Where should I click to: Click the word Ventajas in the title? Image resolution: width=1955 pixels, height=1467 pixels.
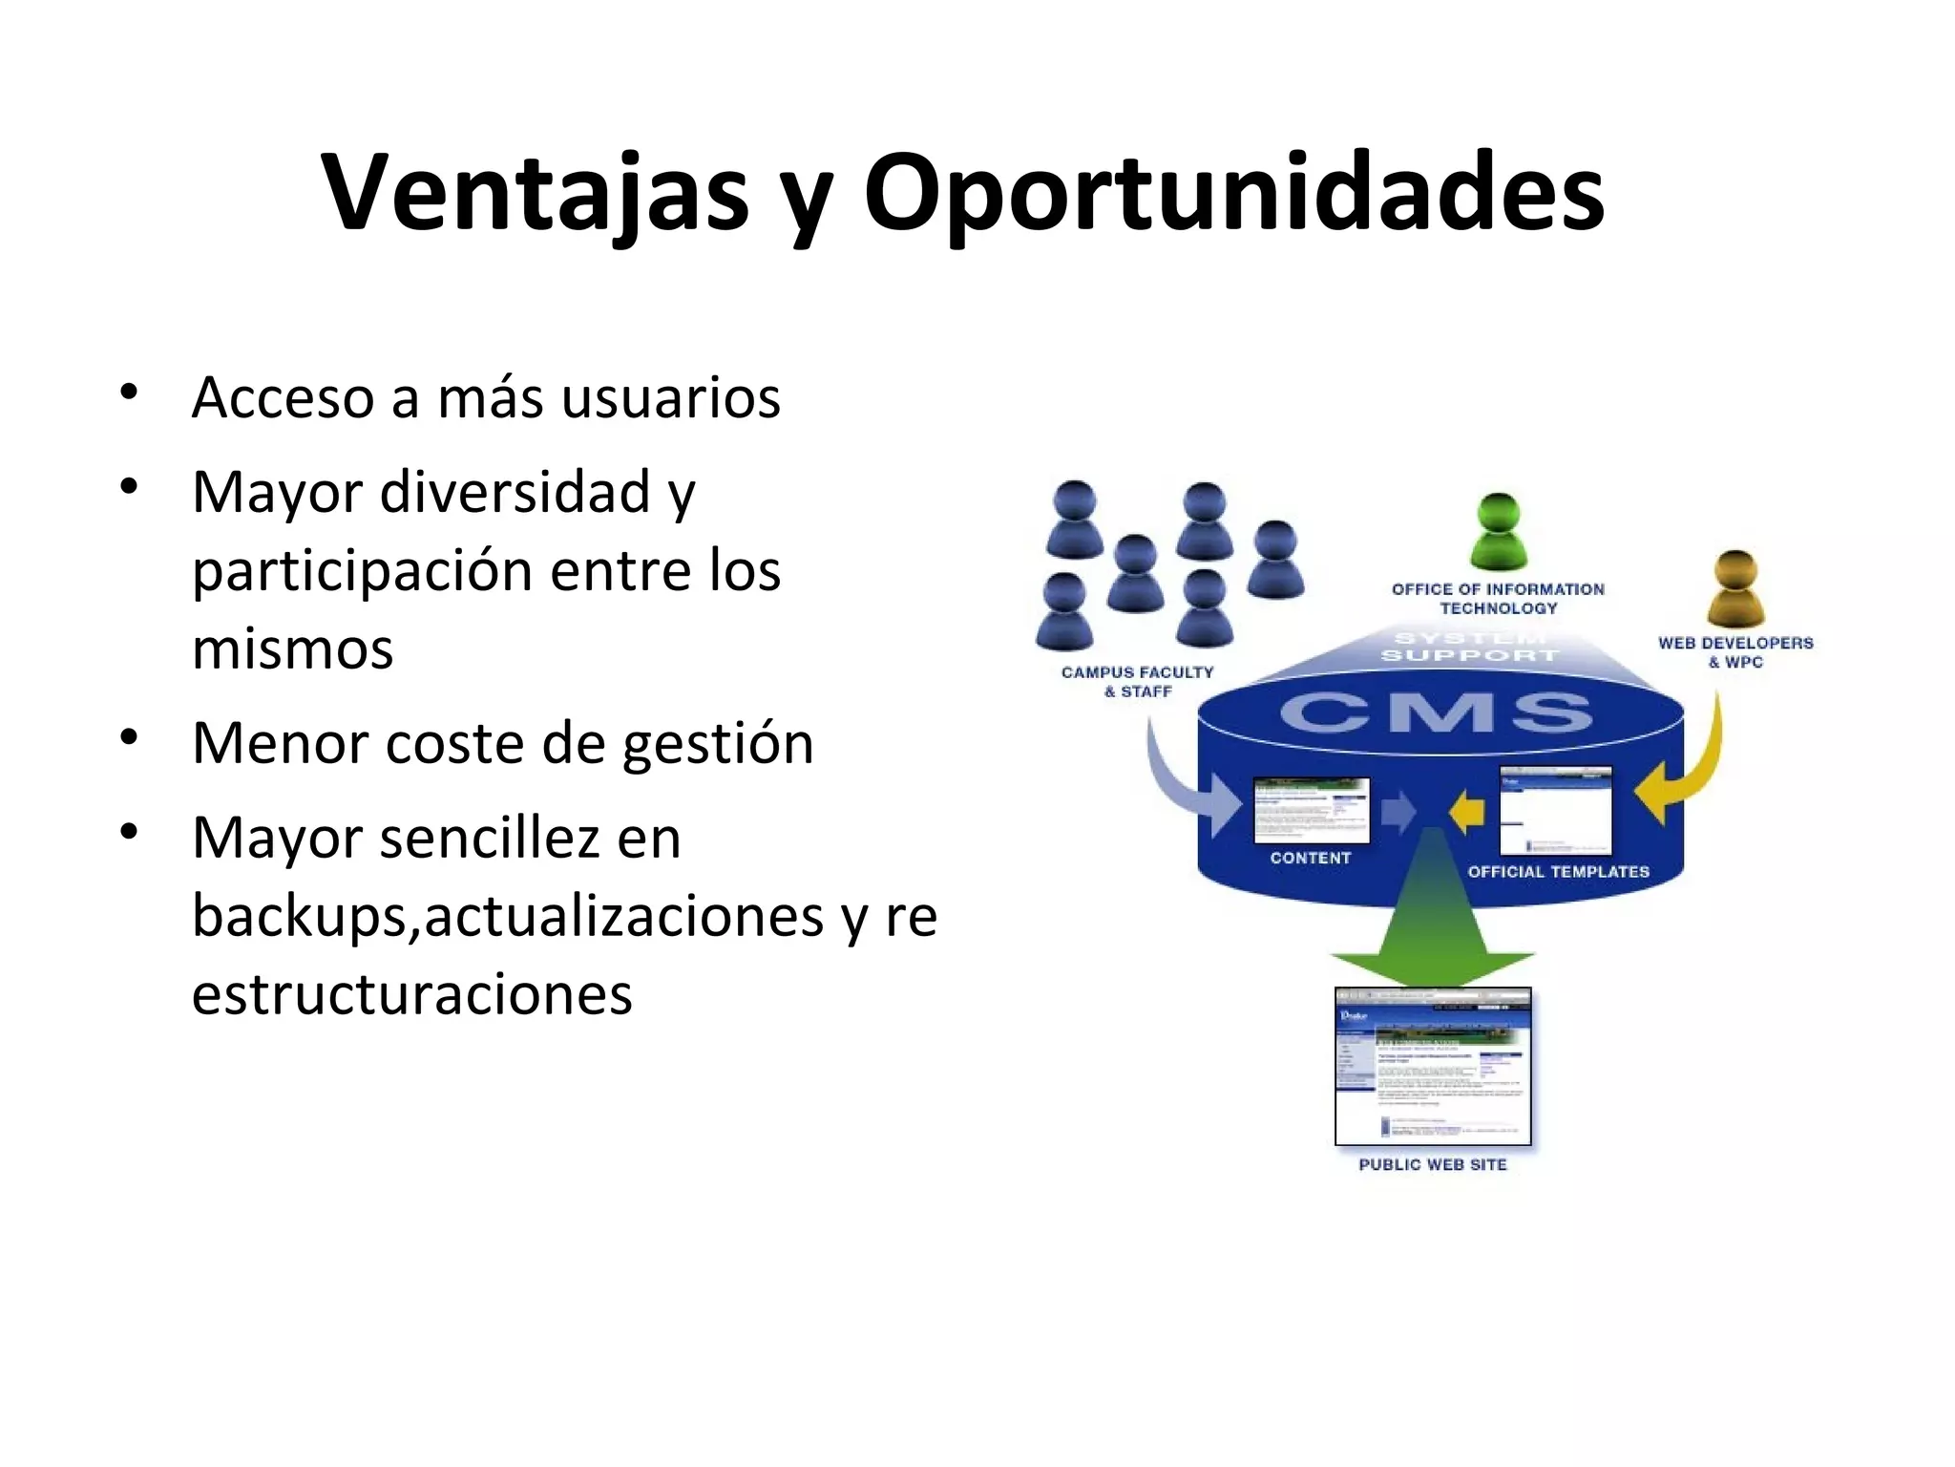click(535, 193)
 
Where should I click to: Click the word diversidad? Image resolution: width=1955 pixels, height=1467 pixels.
click(516, 493)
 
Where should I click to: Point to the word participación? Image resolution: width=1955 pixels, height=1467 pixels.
click(362, 571)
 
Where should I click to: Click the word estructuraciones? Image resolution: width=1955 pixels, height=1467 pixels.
click(411, 994)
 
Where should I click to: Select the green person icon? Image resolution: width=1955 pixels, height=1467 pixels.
click(1498, 531)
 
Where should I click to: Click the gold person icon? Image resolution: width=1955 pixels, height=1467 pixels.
click(1735, 588)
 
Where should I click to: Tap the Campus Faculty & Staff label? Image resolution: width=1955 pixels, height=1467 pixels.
click(1137, 682)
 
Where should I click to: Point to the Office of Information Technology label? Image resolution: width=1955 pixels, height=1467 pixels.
click(1498, 599)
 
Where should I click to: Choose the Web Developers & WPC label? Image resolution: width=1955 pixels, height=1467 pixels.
click(1734, 652)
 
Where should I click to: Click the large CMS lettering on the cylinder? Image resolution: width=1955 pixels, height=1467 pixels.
click(1437, 713)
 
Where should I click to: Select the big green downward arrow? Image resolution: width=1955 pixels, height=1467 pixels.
click(1432, 917)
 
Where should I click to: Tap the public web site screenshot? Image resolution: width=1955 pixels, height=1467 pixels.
click(1432, 1066)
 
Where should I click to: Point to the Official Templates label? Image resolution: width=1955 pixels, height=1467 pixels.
click(1558, 872)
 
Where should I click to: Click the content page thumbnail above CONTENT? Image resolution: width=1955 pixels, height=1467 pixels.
click(1311, 810)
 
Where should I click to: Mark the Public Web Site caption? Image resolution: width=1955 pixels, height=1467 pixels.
click(1432, 1165)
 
